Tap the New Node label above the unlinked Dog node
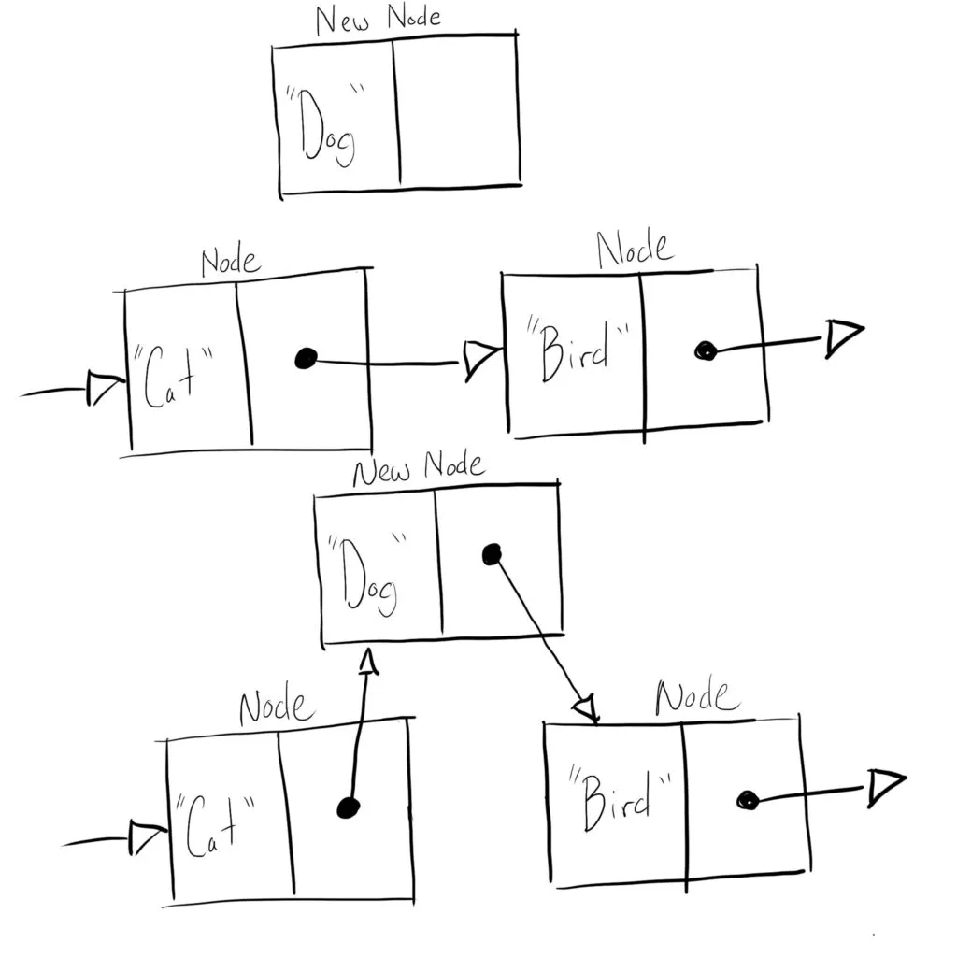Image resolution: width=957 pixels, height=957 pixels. [x=378, y=20]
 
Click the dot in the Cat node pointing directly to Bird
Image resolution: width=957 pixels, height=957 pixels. [x=305, y=358]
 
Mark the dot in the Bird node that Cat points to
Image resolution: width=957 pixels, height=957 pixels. [x=705, y=350]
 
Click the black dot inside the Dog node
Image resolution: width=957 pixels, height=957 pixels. [x=491, y=555]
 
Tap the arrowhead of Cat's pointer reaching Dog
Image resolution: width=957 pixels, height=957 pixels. [x=368, y=662]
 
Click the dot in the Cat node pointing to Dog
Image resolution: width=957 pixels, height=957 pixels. [x=348, y=807]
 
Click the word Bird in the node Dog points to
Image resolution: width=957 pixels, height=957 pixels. [x=621, y=798]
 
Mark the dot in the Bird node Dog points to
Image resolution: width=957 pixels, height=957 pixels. [x=746, y=800]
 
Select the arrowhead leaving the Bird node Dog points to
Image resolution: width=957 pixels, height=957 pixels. [x=885, y=788]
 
